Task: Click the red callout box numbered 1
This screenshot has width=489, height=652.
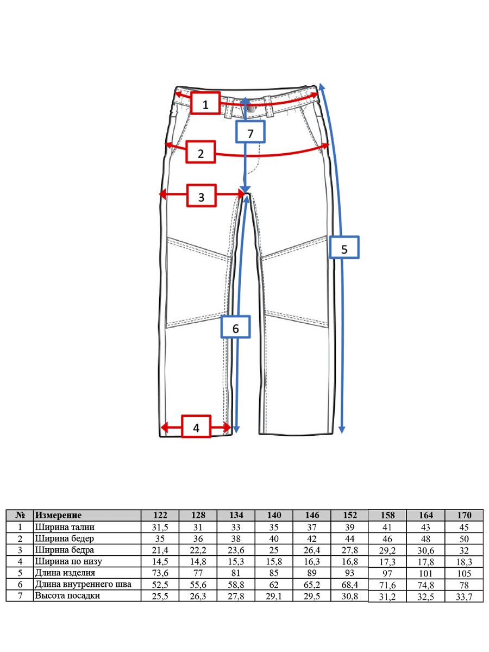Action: click(x=205, y=103)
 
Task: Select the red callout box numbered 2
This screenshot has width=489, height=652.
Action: click(x=200, y=152)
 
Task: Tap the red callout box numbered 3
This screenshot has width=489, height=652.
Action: click(x=201, y=196)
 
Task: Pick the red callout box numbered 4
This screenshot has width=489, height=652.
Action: click(x=196, y=427)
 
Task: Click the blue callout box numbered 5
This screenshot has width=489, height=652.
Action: click(x=344, y=247)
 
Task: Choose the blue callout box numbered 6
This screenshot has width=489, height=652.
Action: click(x=235, y=327)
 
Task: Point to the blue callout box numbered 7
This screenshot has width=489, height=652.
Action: click(x=250, y=131)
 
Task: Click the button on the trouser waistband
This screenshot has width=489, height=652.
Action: click(x=251, y=109)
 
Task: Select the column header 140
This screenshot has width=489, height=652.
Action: click(x=274, y=515)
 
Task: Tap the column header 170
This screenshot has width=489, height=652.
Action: click(x=465, y=515)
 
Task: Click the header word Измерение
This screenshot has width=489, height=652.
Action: click(x=58, y=515)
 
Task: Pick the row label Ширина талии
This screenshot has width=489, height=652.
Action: click(x=65, y=527)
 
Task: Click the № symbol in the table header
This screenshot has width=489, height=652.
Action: click(x=20, y=515)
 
